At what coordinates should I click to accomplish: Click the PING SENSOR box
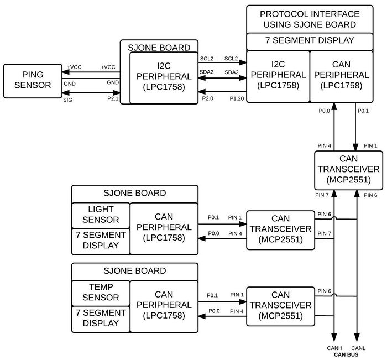point(33,81)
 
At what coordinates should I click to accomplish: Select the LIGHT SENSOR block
point(101,215)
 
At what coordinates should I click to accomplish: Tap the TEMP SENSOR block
point(101,293)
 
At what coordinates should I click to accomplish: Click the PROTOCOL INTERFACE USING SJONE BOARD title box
point(310,19)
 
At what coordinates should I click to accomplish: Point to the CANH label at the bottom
point(334,348)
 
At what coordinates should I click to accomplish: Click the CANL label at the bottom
point(358,348)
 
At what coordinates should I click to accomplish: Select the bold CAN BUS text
point(346,355)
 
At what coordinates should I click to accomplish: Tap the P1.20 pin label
point(237,99)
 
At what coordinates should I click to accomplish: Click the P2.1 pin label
point(113,99)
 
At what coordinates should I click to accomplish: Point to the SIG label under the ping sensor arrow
point(67,100)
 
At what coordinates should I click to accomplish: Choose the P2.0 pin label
point(207,98)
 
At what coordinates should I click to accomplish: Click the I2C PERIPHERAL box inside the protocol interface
point(278,76)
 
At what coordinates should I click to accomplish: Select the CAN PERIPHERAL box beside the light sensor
point(164,228)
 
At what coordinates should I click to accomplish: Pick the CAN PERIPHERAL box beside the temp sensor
point(164,306)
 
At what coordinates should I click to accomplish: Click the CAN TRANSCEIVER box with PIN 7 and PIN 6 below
point(348,170)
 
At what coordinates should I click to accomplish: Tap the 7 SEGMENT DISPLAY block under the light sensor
point(101,241)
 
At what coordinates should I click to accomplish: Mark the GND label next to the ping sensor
point(70,84)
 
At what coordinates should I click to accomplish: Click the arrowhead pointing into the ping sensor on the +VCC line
point(65,72)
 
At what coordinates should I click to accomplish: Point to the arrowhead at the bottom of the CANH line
point(334,337)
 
